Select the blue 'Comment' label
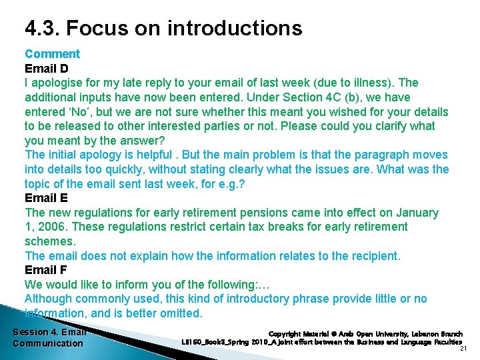(x=52, y=54)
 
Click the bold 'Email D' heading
(x=47, y=69)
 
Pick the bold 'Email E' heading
(x=46, y=198)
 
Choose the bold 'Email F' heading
(x=46, y=270)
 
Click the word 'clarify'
(x=393, y=126)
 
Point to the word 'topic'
(x=39, y=184)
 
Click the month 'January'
(x=417, y=213)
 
